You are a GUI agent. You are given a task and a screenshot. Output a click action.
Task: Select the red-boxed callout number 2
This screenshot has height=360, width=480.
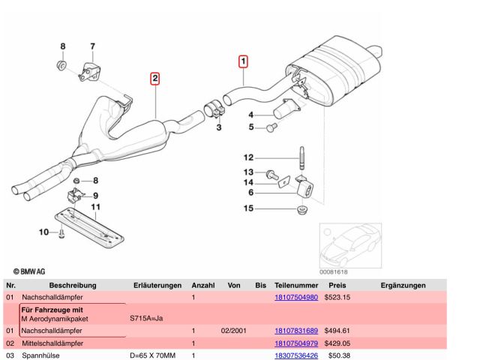(x=154, y=79)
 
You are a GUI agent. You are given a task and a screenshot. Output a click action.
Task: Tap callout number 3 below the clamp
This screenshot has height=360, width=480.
(x=220, y=129)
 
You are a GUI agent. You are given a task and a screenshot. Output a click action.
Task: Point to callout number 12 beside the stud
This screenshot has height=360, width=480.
(x=248, y=157)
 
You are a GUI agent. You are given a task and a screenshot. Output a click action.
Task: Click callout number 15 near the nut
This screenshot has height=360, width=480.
(x=248, y=208)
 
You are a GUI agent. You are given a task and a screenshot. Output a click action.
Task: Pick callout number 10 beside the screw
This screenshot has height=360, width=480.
(x=43, y=232)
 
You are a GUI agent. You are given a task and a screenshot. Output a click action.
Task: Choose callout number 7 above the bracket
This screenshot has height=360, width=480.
(x=93, y=46)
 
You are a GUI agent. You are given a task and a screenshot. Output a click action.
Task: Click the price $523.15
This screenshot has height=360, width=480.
(x=337, y=298)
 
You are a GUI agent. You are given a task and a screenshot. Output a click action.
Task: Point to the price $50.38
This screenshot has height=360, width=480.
(x=340, y=355)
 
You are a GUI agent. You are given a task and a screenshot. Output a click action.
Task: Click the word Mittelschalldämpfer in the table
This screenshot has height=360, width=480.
(x=52, y=343)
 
